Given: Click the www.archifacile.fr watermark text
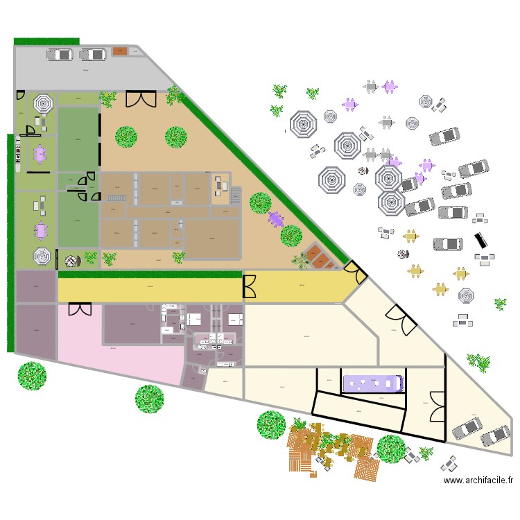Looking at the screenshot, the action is [x=478, y=480].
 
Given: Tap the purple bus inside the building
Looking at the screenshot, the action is [x=372, y=383].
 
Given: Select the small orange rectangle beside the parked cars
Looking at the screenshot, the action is [x=119, y=51].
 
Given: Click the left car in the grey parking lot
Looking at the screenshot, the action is [x=60, y=55].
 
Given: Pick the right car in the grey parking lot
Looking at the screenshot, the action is [x=92, y=55].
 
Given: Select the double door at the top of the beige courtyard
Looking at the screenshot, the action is [x=141, y=98].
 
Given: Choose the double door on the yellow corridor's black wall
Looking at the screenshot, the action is [x=250, y=286].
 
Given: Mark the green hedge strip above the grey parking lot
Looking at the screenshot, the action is [x=46, y=42].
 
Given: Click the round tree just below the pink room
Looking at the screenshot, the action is [x=149, y=399].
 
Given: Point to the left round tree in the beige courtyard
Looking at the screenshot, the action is [x=125, y=137].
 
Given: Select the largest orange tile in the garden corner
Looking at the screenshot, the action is [x=321, y=260].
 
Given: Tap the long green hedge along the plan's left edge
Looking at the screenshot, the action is [x=10, y=243].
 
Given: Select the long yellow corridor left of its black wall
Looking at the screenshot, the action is [x=149, y=287].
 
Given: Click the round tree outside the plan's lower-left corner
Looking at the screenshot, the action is [x=32, y=376].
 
